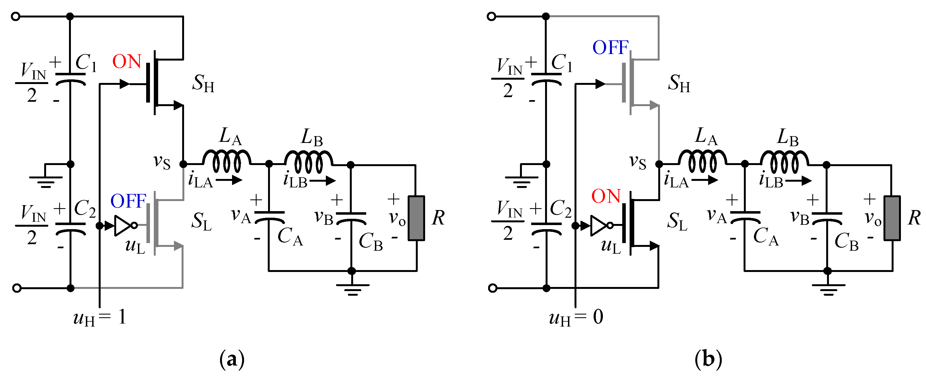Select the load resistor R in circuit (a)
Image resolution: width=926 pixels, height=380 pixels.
(416, 218)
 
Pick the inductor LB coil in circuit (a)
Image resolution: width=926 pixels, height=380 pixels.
(308, 162)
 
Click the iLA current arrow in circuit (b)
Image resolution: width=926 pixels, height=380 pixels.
(705, 180)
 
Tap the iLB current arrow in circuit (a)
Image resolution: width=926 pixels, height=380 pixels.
(323, 181)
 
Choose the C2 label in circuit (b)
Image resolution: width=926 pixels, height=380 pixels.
(561, 208)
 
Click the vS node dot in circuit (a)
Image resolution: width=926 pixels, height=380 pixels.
(183, 164)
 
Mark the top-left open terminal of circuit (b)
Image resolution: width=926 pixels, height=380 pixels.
(491, 16)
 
